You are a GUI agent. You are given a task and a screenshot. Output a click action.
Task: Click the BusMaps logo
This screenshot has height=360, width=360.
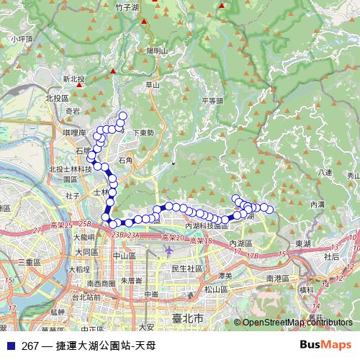326,345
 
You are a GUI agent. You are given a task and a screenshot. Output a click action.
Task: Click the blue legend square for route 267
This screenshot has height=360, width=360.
10,346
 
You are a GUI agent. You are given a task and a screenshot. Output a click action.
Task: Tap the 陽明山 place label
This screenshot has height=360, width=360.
156,51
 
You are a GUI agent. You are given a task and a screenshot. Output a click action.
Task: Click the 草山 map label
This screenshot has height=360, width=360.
152,85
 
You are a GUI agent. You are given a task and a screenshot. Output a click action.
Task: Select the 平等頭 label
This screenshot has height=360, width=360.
213,101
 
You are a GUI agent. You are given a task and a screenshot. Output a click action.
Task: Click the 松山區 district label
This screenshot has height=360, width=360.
215,289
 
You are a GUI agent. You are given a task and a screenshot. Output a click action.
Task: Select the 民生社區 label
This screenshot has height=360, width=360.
185,269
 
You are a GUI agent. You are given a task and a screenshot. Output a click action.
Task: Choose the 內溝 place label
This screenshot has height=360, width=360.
318,204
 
